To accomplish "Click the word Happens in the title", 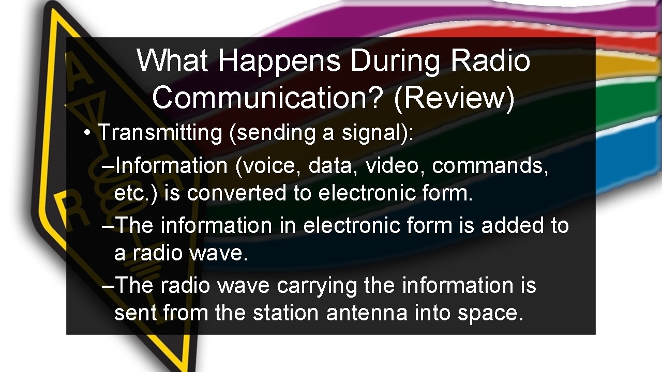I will pos(279,61).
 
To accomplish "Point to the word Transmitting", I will pos(160,132).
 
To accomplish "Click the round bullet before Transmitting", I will pos(89,133).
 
